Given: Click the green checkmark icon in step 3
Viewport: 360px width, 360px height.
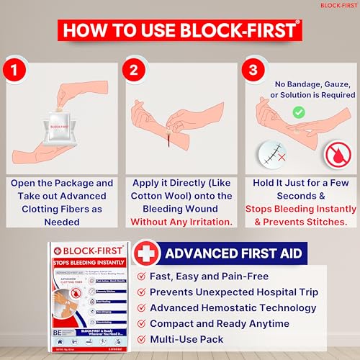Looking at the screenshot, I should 297,112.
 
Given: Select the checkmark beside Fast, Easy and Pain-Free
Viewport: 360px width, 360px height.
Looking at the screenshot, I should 138,276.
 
